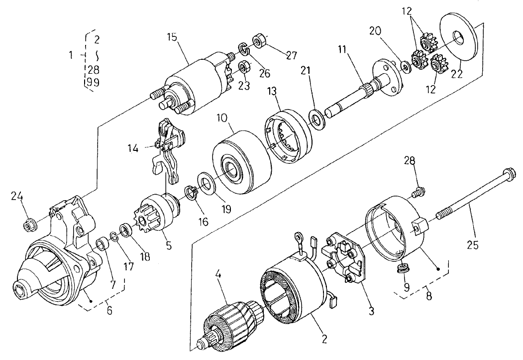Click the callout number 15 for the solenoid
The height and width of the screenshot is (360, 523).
[x=172, y=37]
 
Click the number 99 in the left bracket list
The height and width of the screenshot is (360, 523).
[x=93, y=83]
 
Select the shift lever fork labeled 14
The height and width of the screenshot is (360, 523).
[x=167, y=149]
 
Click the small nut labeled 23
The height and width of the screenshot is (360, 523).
[x=244, y=66]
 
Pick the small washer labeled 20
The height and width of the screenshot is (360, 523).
[x=406, y=66]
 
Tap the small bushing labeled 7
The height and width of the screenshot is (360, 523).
[x=103, y=244]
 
